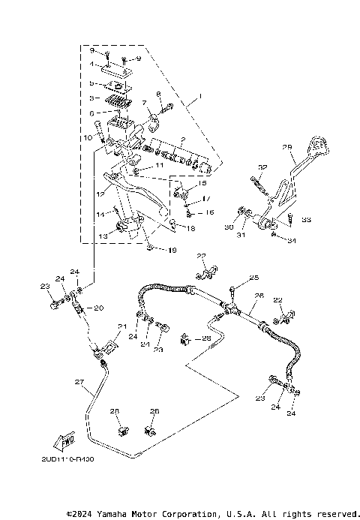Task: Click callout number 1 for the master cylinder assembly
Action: (200, 97)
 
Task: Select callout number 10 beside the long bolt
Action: (88, 138)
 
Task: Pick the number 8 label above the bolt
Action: (158, 94)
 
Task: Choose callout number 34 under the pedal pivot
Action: (292, 242)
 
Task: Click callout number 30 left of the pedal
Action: (229, 227)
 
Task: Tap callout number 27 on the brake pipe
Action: (77, 383)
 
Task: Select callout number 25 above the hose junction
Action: (253, 278)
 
